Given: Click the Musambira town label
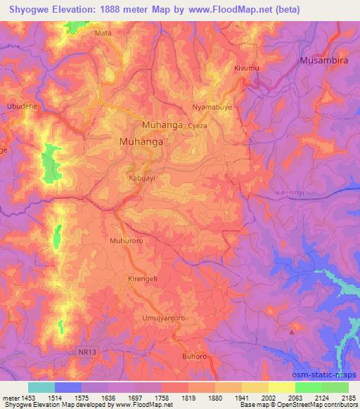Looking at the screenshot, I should pyautogui.click(x=327, y=60).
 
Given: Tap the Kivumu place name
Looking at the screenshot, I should pyautogui.click(x=245, y=69).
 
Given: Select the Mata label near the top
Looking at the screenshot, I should pyautogui.click(x=103, y=32).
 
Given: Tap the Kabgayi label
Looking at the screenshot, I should pyautogui.click(x=141, y=178).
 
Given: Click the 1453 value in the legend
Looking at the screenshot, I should pyautogui.click(x=28, y=398).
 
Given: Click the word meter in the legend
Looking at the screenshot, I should pyautogui.click(x=10, y=398).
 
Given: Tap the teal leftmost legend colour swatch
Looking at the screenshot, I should pyautogui.click(x=41, y=387).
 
